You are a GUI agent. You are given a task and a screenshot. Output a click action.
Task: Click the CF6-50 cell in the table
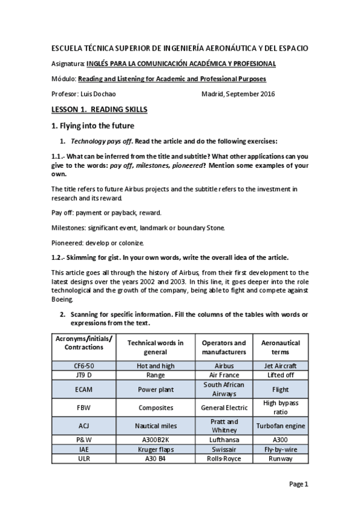[x=84, y=364]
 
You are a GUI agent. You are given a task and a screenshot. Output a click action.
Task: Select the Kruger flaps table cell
[x=156, y=449]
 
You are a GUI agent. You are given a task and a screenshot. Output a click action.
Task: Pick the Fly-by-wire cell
[x=280, y=449]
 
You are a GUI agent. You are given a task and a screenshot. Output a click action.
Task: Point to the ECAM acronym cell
[x=84, y=389]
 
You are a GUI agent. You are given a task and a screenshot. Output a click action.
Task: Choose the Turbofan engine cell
[x=280, y=426]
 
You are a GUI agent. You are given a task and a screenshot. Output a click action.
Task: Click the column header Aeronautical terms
[x=280, y=347]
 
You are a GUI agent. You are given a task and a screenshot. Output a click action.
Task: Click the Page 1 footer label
[x=298, y=484]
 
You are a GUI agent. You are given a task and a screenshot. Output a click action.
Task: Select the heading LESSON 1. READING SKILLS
[x=99, y=110]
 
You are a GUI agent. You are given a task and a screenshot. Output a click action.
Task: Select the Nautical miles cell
[x=156, y=426]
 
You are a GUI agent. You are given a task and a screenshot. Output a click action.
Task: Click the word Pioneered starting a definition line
[x=70, y=242]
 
